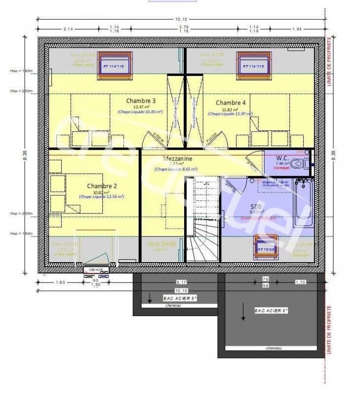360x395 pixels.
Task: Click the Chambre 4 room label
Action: pyautogui.click(x=230, y=103)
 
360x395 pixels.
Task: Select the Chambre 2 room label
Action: pyautogui.click(x=102, y=186)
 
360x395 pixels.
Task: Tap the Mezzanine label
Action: pyautogui.click(x=176, y=158)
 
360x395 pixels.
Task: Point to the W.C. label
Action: pyautogui.click(x=282, y=158)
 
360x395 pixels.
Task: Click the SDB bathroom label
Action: pyautogui.click(x=256, y=206)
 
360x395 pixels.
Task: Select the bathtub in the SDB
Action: pyautogui.click(x=303, y=203)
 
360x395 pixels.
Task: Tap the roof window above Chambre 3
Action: pyautogui.click(x=115, y=65)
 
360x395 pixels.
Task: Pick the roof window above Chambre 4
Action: pyautogui.click(x=253, y=65)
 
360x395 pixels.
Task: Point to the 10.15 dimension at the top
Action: pyautogui.click(x=180, y=20)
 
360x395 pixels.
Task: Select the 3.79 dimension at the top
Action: pyautogui.click(x=184, y=27)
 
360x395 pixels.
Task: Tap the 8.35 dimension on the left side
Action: pyautogui.click(x=24, y=154)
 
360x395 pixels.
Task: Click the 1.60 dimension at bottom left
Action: pyautogui.click(x=61, y=282)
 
